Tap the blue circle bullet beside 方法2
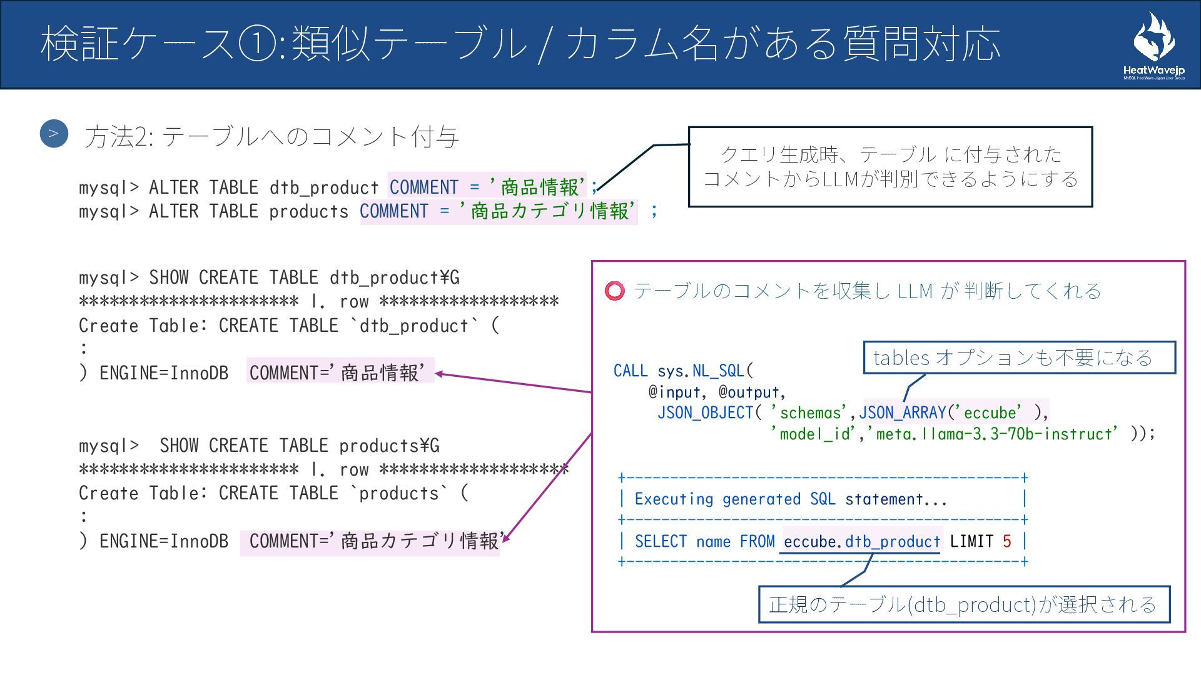pyautogui.click(x=54, y=134)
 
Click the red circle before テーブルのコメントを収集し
pyautogui.click(x=614, y=291)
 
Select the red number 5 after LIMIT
pyautogui.click(x=1006, y=541)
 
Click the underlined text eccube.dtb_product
pyautogui.click(x=861, y=541)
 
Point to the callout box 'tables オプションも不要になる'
pyautogui.click(x=1019, y=357)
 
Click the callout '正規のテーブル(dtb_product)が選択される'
pyautogui.click(x=963, y=604)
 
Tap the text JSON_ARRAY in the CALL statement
pyautogui.click(x=901, y=412)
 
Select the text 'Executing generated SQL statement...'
pyautogui.click(x=791, y=499)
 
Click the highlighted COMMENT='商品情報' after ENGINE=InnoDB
pyautogui.click(x=340, y=372)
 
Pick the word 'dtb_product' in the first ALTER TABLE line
pyautogui.click(x=324, y=187)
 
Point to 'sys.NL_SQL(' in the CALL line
pyautogui.click(x=706, y=371)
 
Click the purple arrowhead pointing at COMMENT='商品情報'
pyautogui.click(x=438, y=374)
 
